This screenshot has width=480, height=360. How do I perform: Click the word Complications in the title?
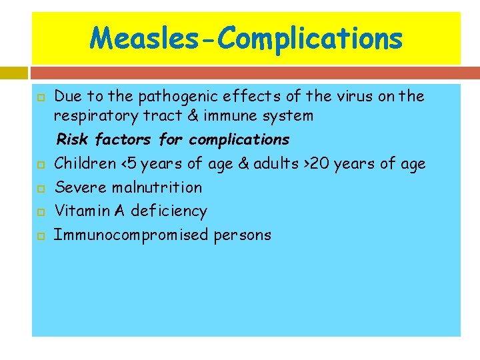310,38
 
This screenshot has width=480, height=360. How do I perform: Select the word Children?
85,164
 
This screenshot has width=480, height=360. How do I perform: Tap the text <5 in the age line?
127,164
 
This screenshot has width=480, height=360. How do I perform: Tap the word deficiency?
169,211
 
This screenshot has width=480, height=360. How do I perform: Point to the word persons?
243,235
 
